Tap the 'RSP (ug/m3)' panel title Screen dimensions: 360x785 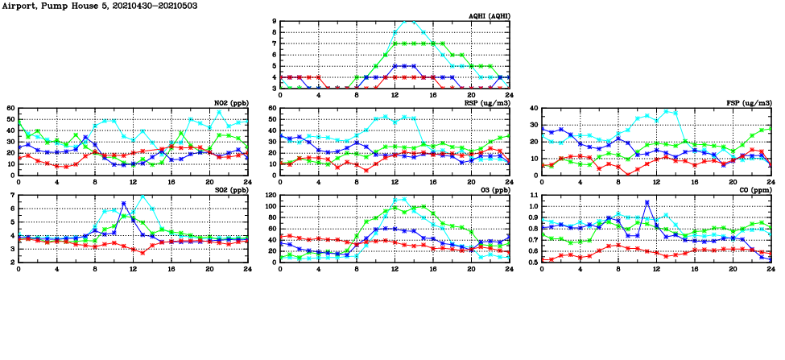click(487, 103)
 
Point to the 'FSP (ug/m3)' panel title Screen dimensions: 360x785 click(749, 103)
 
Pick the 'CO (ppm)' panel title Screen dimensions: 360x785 click(754, 191)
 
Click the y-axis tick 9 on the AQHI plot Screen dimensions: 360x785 click(275, 22)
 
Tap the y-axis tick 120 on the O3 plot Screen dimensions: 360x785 click(270, 196)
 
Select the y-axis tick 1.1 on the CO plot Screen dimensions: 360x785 click(532, 196)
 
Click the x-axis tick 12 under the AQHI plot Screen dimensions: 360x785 click(395, 95)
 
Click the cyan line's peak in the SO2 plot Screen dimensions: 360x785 click(143, 196)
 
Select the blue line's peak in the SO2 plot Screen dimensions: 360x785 click(123, 203)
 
